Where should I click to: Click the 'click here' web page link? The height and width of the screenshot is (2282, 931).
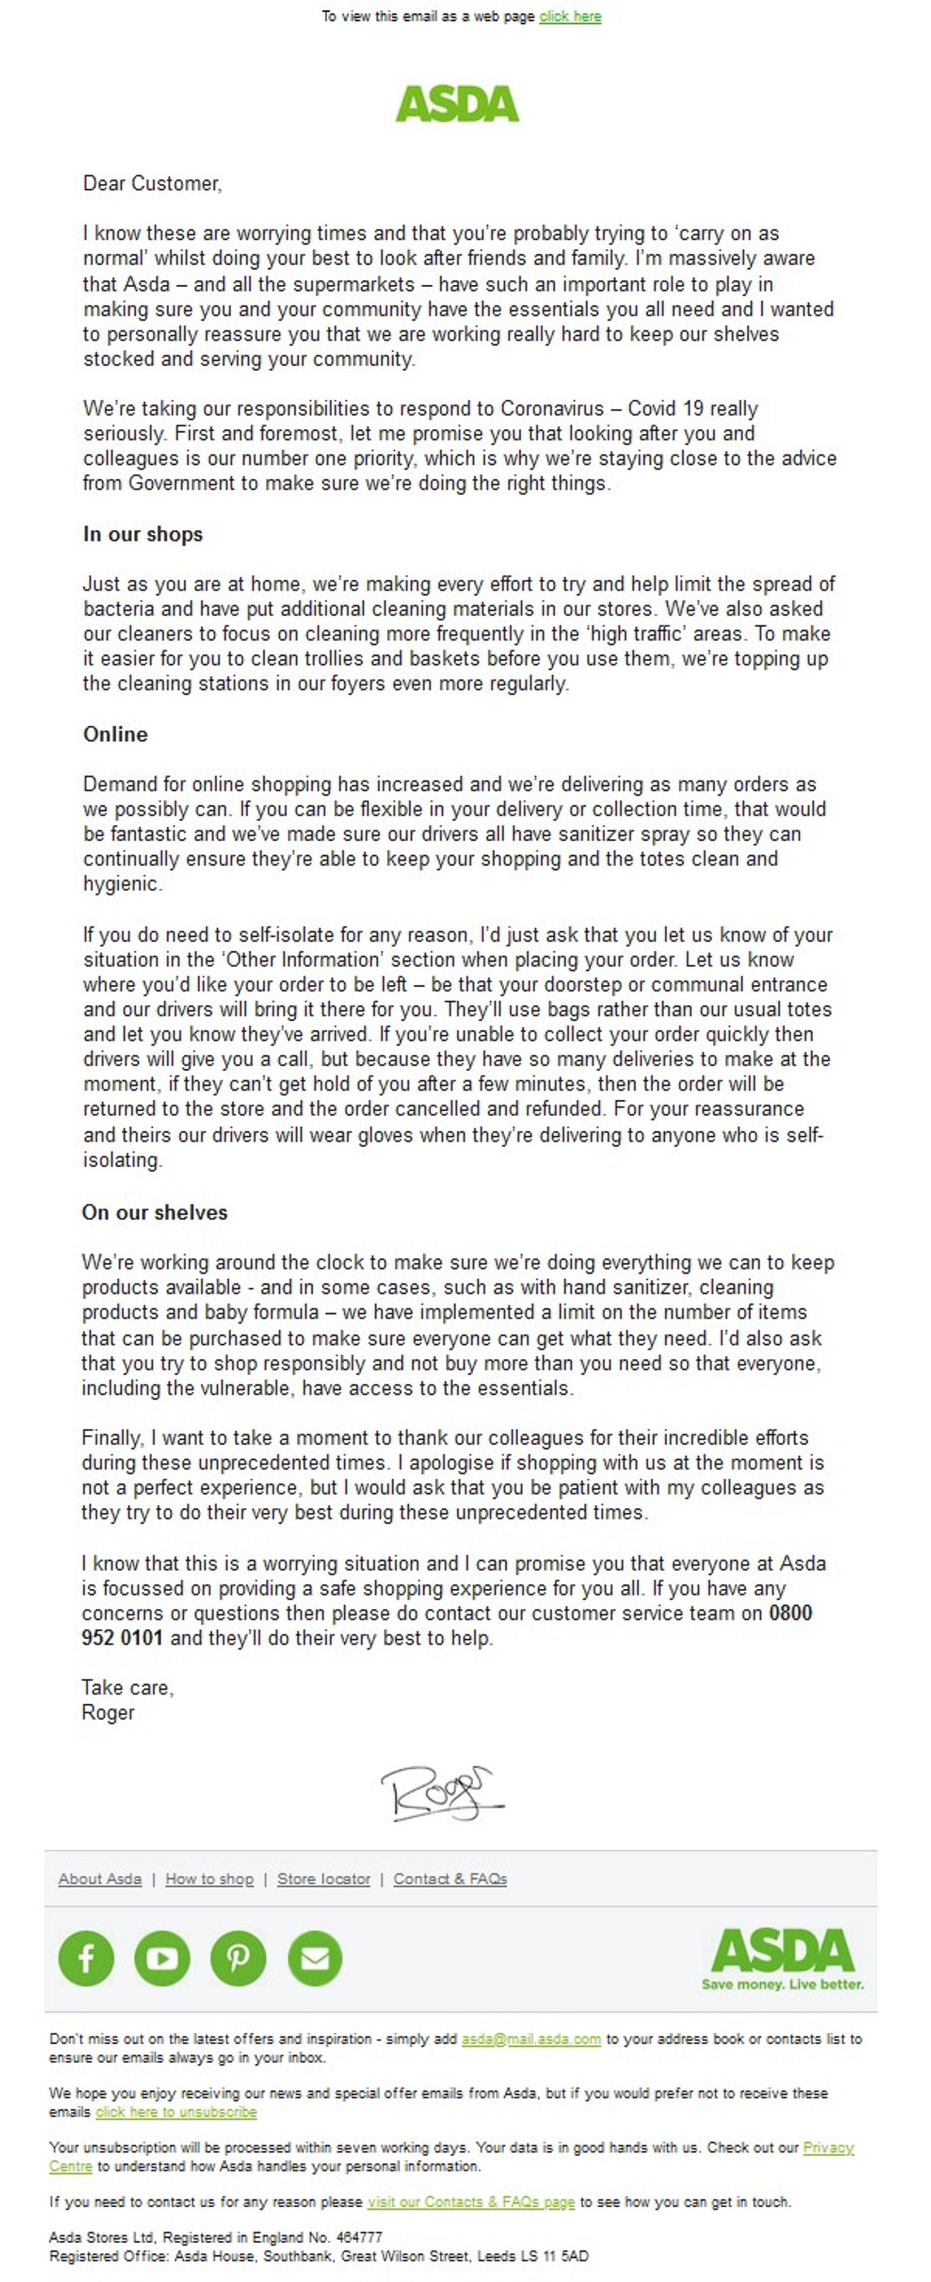pyautogui.click(x=570, y=16)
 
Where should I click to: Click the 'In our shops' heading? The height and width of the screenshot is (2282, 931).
pyautogui.click(x=143, y=534)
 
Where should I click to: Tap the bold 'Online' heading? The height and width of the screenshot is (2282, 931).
pyautogui.click(x=115, y=734)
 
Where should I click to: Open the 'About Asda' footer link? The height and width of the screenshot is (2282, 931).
pyautogui.click(x=100, y=1879)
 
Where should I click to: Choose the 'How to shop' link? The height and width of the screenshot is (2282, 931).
pyautogui.click(x=209, y=1879)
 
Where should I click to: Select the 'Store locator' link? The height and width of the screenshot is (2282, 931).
pyautogui.click(x=323, y=1879)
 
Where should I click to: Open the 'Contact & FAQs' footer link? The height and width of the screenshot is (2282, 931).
pyautogui.click(x=450, y=1879)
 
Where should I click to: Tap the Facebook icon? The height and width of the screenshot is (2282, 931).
pyautogui.click(x=86, y=1958)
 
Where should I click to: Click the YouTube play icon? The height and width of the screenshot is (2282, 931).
pyautogui.click(x=162, y=1958)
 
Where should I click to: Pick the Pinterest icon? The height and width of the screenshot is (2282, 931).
pyautogui.click(x=238, y=1958)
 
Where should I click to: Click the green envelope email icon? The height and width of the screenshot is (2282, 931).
pyautogui.click(x=315, y=1958)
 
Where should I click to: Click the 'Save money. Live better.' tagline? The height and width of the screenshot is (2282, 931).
pyautogui.click(x=782, y=1984)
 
